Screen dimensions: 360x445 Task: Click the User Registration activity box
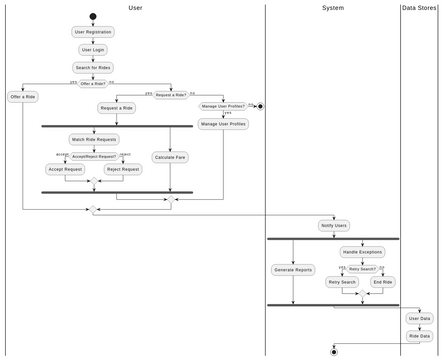point(93,32)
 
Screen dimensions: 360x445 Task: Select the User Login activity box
point(93,50)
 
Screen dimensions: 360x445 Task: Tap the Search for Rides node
point(93,68)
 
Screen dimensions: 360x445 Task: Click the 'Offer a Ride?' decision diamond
point(93,84)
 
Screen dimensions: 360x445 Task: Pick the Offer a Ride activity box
point(23,97)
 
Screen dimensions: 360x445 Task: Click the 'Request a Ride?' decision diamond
point(171,95)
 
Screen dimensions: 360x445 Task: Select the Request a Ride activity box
point(117,108)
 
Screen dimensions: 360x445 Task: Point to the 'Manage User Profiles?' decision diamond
point(223,106)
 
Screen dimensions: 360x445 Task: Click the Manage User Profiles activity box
point(223,124)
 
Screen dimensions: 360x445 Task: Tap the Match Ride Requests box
point(94,140)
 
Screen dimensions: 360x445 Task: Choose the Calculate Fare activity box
point(170,157)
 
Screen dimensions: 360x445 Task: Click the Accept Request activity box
point(65,170)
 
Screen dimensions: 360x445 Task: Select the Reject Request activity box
point(123,170)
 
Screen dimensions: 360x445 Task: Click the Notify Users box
point(334,226)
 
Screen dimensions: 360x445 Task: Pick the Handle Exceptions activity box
point(362,252)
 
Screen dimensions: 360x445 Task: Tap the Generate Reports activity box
point(293,270)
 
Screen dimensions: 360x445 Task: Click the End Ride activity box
point(383,282)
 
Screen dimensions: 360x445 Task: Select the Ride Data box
point(419,336)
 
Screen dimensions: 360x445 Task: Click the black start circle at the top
point(93,16)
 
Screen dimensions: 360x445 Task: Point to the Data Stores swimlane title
point(419,8)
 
